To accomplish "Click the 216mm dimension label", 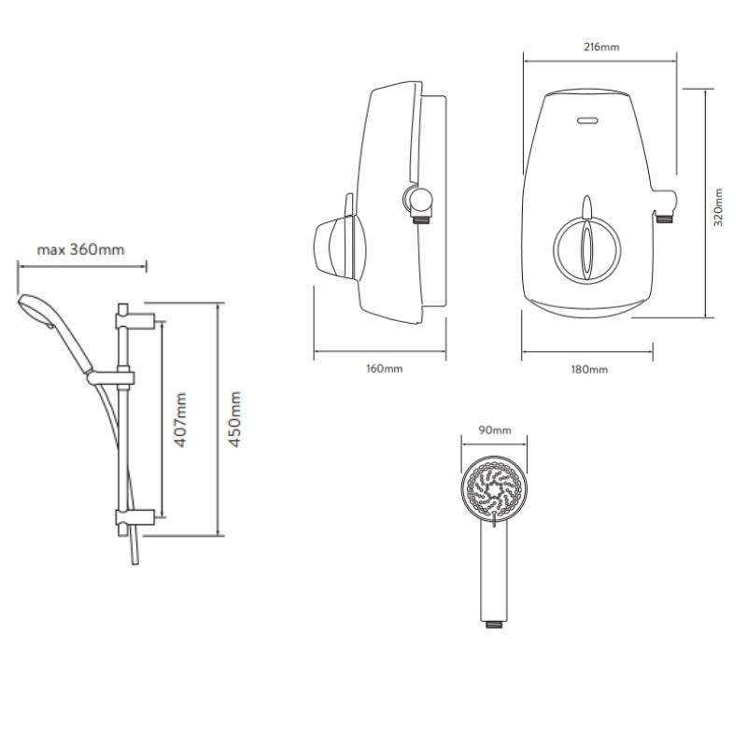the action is tap(601, 48).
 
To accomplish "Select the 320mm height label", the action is tap(718, 206).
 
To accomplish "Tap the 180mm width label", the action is tap(589, 369).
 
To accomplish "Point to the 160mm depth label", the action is tap(384, 368).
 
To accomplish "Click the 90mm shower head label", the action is tap(495, 430).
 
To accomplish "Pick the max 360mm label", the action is tap(80, 249).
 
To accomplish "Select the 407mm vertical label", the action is tap(180, 419).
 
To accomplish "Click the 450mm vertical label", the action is tap(234, 418).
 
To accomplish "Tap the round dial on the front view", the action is tap(586, 249).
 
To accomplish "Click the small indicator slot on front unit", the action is tap(587, 120).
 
